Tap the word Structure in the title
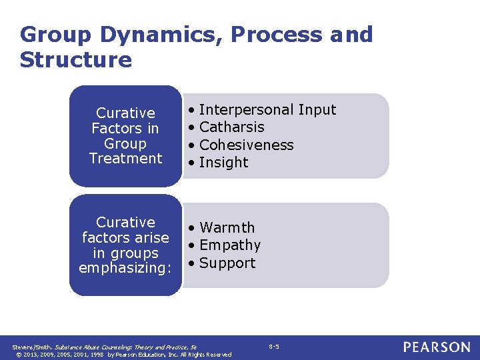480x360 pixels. point(76,60)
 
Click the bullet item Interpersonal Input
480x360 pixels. point(267,110)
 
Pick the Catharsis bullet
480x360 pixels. point(231,127)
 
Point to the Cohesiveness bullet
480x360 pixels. point(246,145)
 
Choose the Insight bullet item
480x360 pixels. point(223,163)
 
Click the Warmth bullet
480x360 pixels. point(227,228)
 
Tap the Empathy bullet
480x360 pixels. point(229,245)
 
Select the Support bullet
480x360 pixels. point(227,263)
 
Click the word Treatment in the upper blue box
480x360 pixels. point(125,159)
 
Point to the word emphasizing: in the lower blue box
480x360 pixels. point(125,269)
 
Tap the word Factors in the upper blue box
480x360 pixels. point(116,128)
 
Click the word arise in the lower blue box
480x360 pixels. point(150,238)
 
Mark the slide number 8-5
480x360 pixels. point(274,347)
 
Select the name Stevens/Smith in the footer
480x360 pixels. point(31,347)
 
